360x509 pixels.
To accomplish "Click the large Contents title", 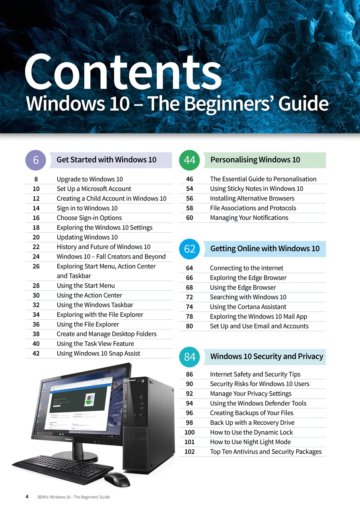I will [x=123, y=72].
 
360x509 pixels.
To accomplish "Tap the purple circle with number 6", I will [x=36, y=160].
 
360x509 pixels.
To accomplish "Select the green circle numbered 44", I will [x=189, y=160].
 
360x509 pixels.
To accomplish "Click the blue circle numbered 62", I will [x=189, y=249].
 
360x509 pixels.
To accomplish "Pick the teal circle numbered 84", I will [x=189, y=357].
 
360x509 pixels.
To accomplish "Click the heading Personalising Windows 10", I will [x=255, y=160].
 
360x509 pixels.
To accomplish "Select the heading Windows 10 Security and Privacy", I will [x=267, y=356].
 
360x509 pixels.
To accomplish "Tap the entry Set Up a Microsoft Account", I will [x=94, y=189].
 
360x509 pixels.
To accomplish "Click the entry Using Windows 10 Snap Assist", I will [x=98, y=353].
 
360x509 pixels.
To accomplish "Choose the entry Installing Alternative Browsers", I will [x=252, y=198].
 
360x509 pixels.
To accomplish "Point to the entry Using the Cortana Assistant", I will [x=248, y=307].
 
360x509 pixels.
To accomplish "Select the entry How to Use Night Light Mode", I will [x=250, y=442].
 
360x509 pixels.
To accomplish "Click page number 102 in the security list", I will [x=189, y=452].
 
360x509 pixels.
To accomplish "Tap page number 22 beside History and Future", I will [x=36, y=247].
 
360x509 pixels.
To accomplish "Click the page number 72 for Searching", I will [x=189, y=297].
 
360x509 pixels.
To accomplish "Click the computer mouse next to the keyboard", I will [x=117, y=479].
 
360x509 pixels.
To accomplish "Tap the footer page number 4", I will [x=27, y=497].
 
